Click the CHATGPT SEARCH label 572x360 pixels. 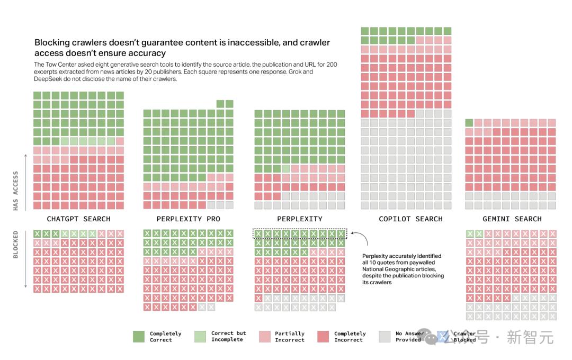(78, 219)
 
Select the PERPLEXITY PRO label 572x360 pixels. (188, 219)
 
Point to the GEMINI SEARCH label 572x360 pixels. (512, 219)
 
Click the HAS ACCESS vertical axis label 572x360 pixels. (15, 191)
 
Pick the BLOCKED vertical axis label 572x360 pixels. (15, 245)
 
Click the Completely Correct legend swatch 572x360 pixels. (139, 337)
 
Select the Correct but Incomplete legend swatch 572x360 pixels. (200, 337)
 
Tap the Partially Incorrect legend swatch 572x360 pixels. (264, 337)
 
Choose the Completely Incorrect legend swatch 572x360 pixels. (323, 337)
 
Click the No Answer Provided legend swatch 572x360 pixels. (385, 337)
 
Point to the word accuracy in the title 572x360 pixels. (147, 53)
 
